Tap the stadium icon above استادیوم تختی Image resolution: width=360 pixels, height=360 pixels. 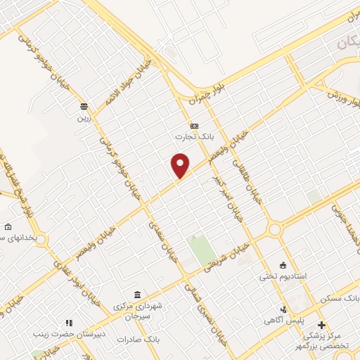(283, 265)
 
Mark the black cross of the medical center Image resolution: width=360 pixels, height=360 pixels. (322, 325)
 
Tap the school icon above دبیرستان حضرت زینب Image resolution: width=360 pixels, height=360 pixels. (69, 323)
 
